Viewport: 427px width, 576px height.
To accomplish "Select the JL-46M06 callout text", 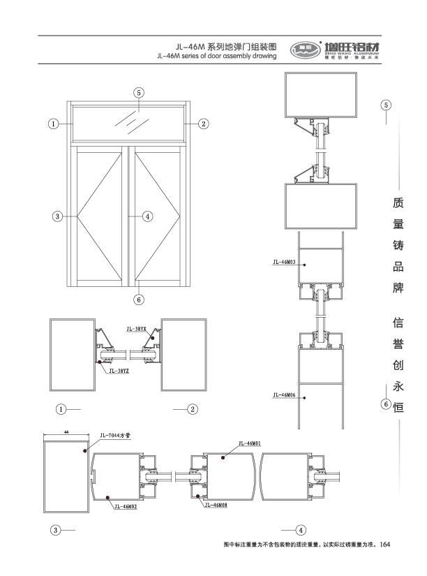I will pyautogui.click(x=284, y=395).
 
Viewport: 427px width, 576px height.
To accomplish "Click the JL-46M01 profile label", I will pyautogui.click(x=249, y=443).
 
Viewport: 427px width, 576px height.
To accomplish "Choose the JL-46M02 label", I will pyautogui.click(x=125, y=507).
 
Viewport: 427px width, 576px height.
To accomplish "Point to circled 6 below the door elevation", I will pyautogui.click(x=139, y=300).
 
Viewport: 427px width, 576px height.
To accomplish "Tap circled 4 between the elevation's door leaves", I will pyautogui.click(x=147, y=216).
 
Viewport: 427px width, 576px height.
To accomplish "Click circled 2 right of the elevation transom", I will pyautogui.click(x=204, y=124).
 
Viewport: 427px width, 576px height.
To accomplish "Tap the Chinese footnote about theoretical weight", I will pyautogui.click(x=300, y=543).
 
